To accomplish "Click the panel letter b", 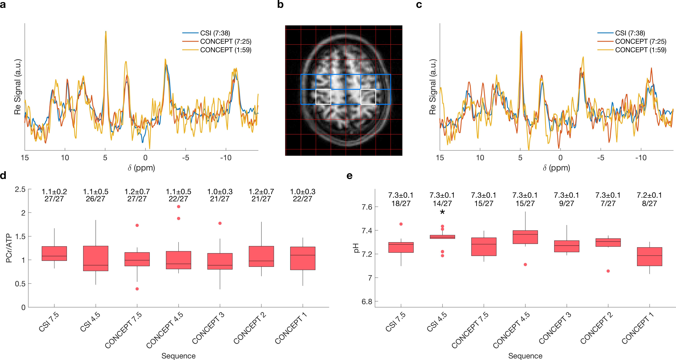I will [x=280, y=5].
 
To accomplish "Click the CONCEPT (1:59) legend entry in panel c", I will [x=640, y=50].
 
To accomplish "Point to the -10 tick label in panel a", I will [x=226, y=158].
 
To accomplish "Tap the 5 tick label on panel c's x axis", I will [x=520, y=158].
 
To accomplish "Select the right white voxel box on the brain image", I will [x=368, y=97].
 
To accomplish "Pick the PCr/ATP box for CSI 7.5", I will [x=54, y=253].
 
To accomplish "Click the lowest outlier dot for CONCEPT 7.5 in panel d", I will [x=137, y=289].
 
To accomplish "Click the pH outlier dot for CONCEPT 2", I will [x=608, y=271].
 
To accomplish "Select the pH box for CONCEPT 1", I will [x=649, y=257].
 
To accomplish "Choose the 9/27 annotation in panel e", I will [x=567, y=204].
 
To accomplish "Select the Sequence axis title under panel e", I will [x=525, y=356].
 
